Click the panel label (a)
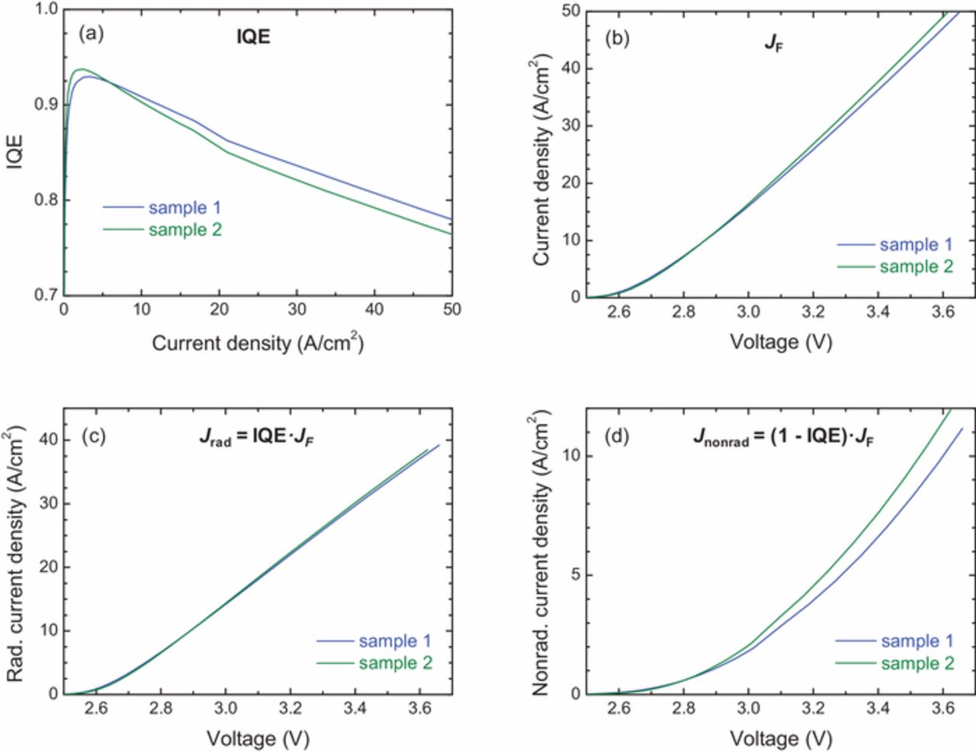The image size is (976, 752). [x=91, y=34]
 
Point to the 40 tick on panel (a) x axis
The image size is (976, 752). [x=374, y=310]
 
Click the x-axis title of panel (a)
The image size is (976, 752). [x=258, y=343]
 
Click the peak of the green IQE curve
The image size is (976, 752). [x=80, y=69]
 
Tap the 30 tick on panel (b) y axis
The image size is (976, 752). [x=571, y=126]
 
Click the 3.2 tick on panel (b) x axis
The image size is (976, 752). [x=814, y=311]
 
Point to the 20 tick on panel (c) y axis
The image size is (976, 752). [x=47, y=567]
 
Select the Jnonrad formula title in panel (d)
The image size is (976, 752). [x=783, y=439]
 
